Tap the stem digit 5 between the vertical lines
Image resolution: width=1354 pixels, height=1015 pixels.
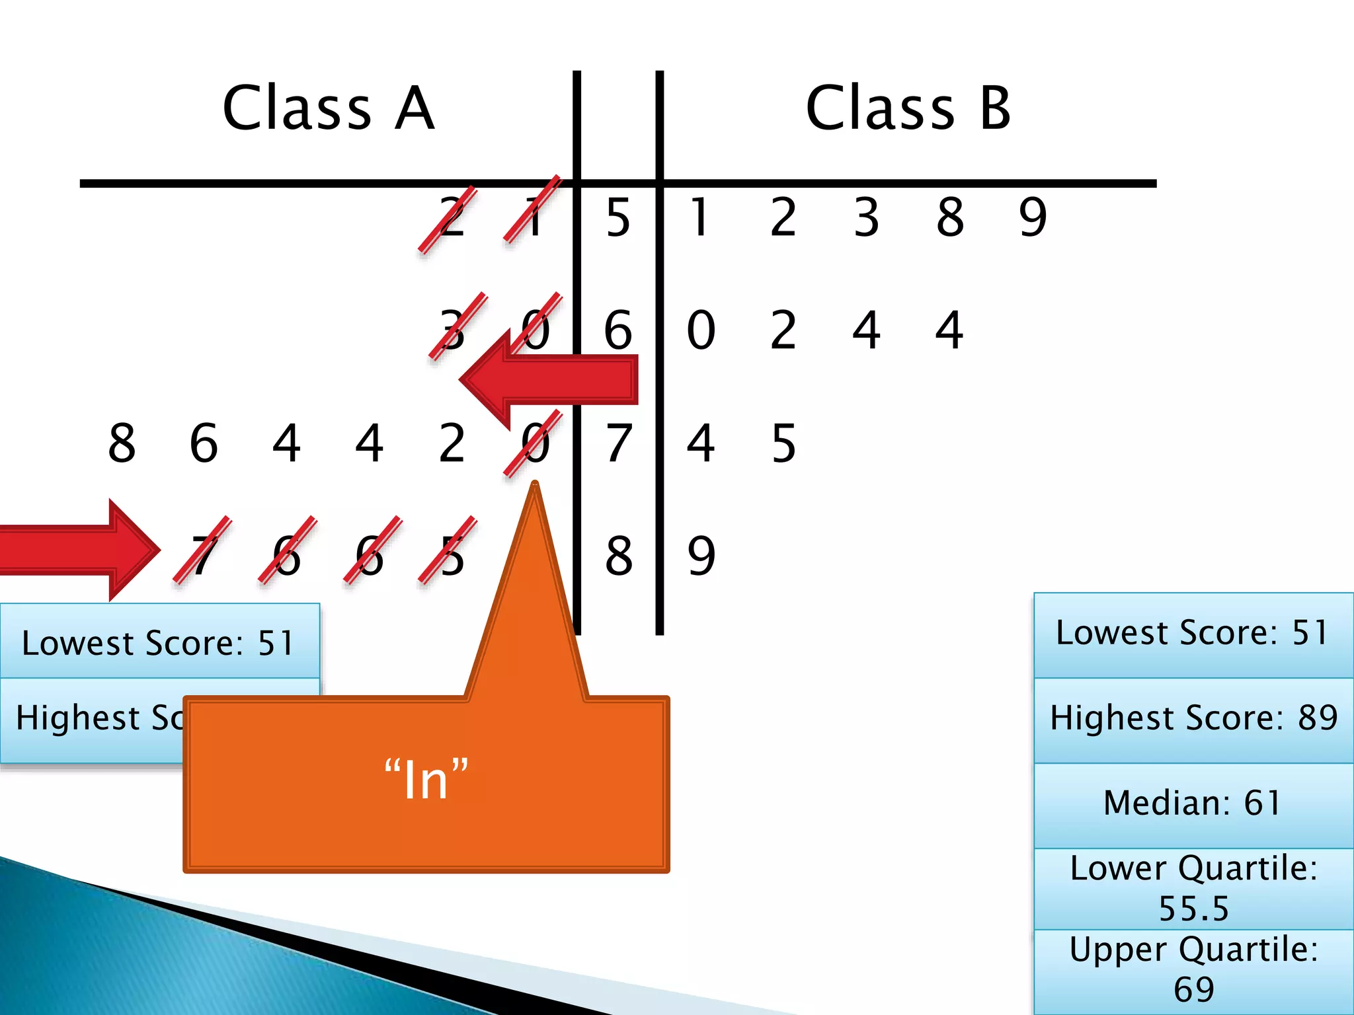[x=618, y=217]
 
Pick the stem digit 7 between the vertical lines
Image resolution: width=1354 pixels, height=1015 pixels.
[x=619, y=443]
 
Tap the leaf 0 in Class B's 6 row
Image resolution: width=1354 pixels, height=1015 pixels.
[x=701, y=330]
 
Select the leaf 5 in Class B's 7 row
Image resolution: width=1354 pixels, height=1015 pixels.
[x=783, y=443]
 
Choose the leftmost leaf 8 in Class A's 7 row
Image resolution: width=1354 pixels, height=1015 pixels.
[x=122, y=443]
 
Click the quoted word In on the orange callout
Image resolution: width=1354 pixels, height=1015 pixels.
[x=426, y=780]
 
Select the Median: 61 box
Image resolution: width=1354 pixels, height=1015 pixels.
[x=1193, y=804]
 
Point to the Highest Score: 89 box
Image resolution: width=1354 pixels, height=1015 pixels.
[x=1193, y=718]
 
